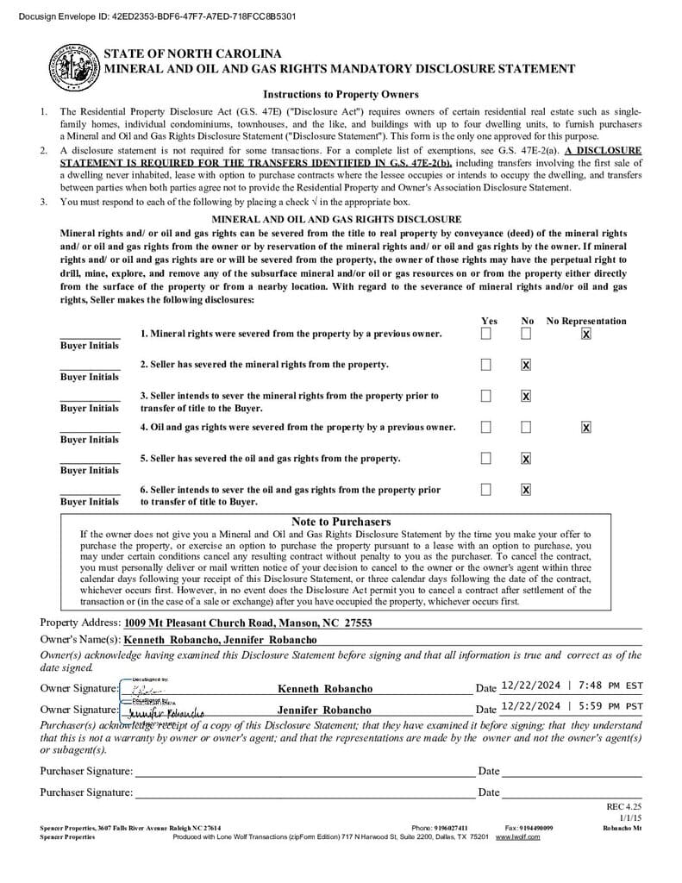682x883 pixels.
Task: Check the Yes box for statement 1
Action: click(x=486, y=334)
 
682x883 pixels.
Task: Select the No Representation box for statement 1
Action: click(x=586, y=334)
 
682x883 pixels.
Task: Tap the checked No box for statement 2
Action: click(x=526, y=365)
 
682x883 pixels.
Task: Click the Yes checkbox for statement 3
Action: click(x=486, y=396)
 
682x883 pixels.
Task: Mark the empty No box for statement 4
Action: click(x=526, y=427)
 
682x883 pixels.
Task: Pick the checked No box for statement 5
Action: click(x=526, y=458)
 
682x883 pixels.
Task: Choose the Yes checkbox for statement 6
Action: click(x=486, y=489)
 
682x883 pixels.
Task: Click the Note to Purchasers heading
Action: click(x=341, y=522)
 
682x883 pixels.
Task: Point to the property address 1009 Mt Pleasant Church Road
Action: click(x=247, y=623)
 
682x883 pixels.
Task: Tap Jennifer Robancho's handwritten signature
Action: click(x=164, y=712)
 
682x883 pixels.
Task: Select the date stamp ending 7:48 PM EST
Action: click(x=572, y=686)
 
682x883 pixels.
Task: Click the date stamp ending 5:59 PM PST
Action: click(x=572, y=705)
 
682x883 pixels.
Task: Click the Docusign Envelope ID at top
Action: click(x=150, y=16)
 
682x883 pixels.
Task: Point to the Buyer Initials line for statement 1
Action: click(x=90, y=335)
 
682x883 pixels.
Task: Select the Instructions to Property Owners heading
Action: click(x=341, y=94)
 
